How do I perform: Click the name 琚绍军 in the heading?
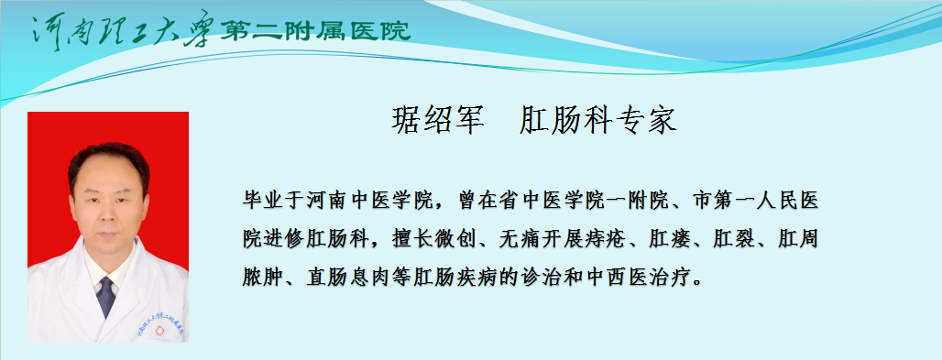pos(438,119)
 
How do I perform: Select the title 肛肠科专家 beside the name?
pos(597,119)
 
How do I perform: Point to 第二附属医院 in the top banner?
pos(314,31)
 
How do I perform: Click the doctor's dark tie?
pos(105,296)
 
